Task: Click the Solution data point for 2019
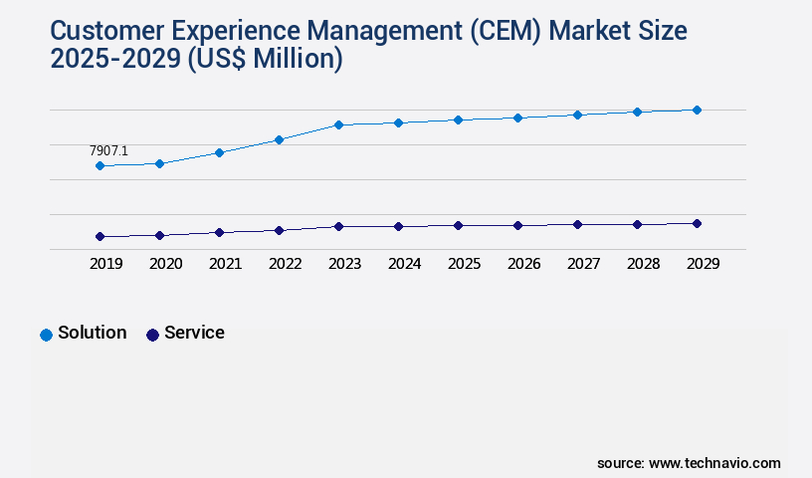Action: pos(100,165)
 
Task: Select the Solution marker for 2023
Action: pos(338,124)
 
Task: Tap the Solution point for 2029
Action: pos(697,110)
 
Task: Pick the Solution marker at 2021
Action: pos(219,152)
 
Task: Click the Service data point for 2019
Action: pos(100,236)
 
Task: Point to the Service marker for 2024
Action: pos(398,226)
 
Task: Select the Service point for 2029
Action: pos(697,223)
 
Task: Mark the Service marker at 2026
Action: pos(517,225)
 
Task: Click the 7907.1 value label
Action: pos(108,150)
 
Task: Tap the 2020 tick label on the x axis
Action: pos(165,264)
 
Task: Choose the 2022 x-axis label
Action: pos(285,264)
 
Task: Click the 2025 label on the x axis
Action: pos(464,264)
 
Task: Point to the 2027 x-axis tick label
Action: pos(583,264)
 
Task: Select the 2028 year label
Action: pos(643,264)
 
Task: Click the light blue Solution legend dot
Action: pos(46,335)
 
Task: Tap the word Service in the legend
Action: pos(194,333)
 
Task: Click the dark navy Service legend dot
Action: pos(152,335)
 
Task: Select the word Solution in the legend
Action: pos(92,333)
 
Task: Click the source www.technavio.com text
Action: pos(689,463)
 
